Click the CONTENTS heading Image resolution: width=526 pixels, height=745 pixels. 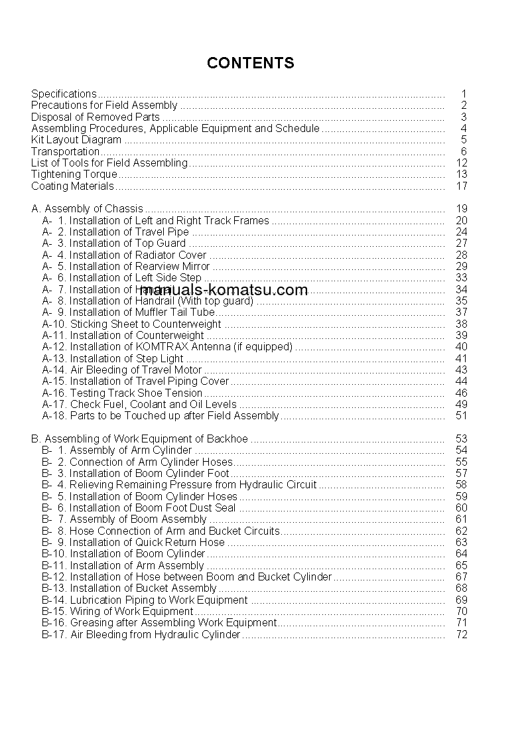point(250,63)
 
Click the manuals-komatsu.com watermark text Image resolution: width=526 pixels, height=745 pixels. point(224,290)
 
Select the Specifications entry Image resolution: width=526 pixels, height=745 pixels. point(64,94)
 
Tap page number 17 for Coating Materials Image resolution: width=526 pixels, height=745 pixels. point(462,186)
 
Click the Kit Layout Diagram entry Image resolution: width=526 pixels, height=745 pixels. point(76,140)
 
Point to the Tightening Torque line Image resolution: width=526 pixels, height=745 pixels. point(74,174)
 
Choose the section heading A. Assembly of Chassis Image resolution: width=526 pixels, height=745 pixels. point(87,209)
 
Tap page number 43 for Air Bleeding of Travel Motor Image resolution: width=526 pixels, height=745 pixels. point(462,370)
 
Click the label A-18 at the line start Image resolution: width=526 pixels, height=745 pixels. point(54,416)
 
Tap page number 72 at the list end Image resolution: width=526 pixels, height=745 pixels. point(462,634)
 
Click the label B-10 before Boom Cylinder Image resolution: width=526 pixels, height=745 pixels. point(54,553)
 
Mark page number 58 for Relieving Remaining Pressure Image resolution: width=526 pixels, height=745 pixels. point(462,484)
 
